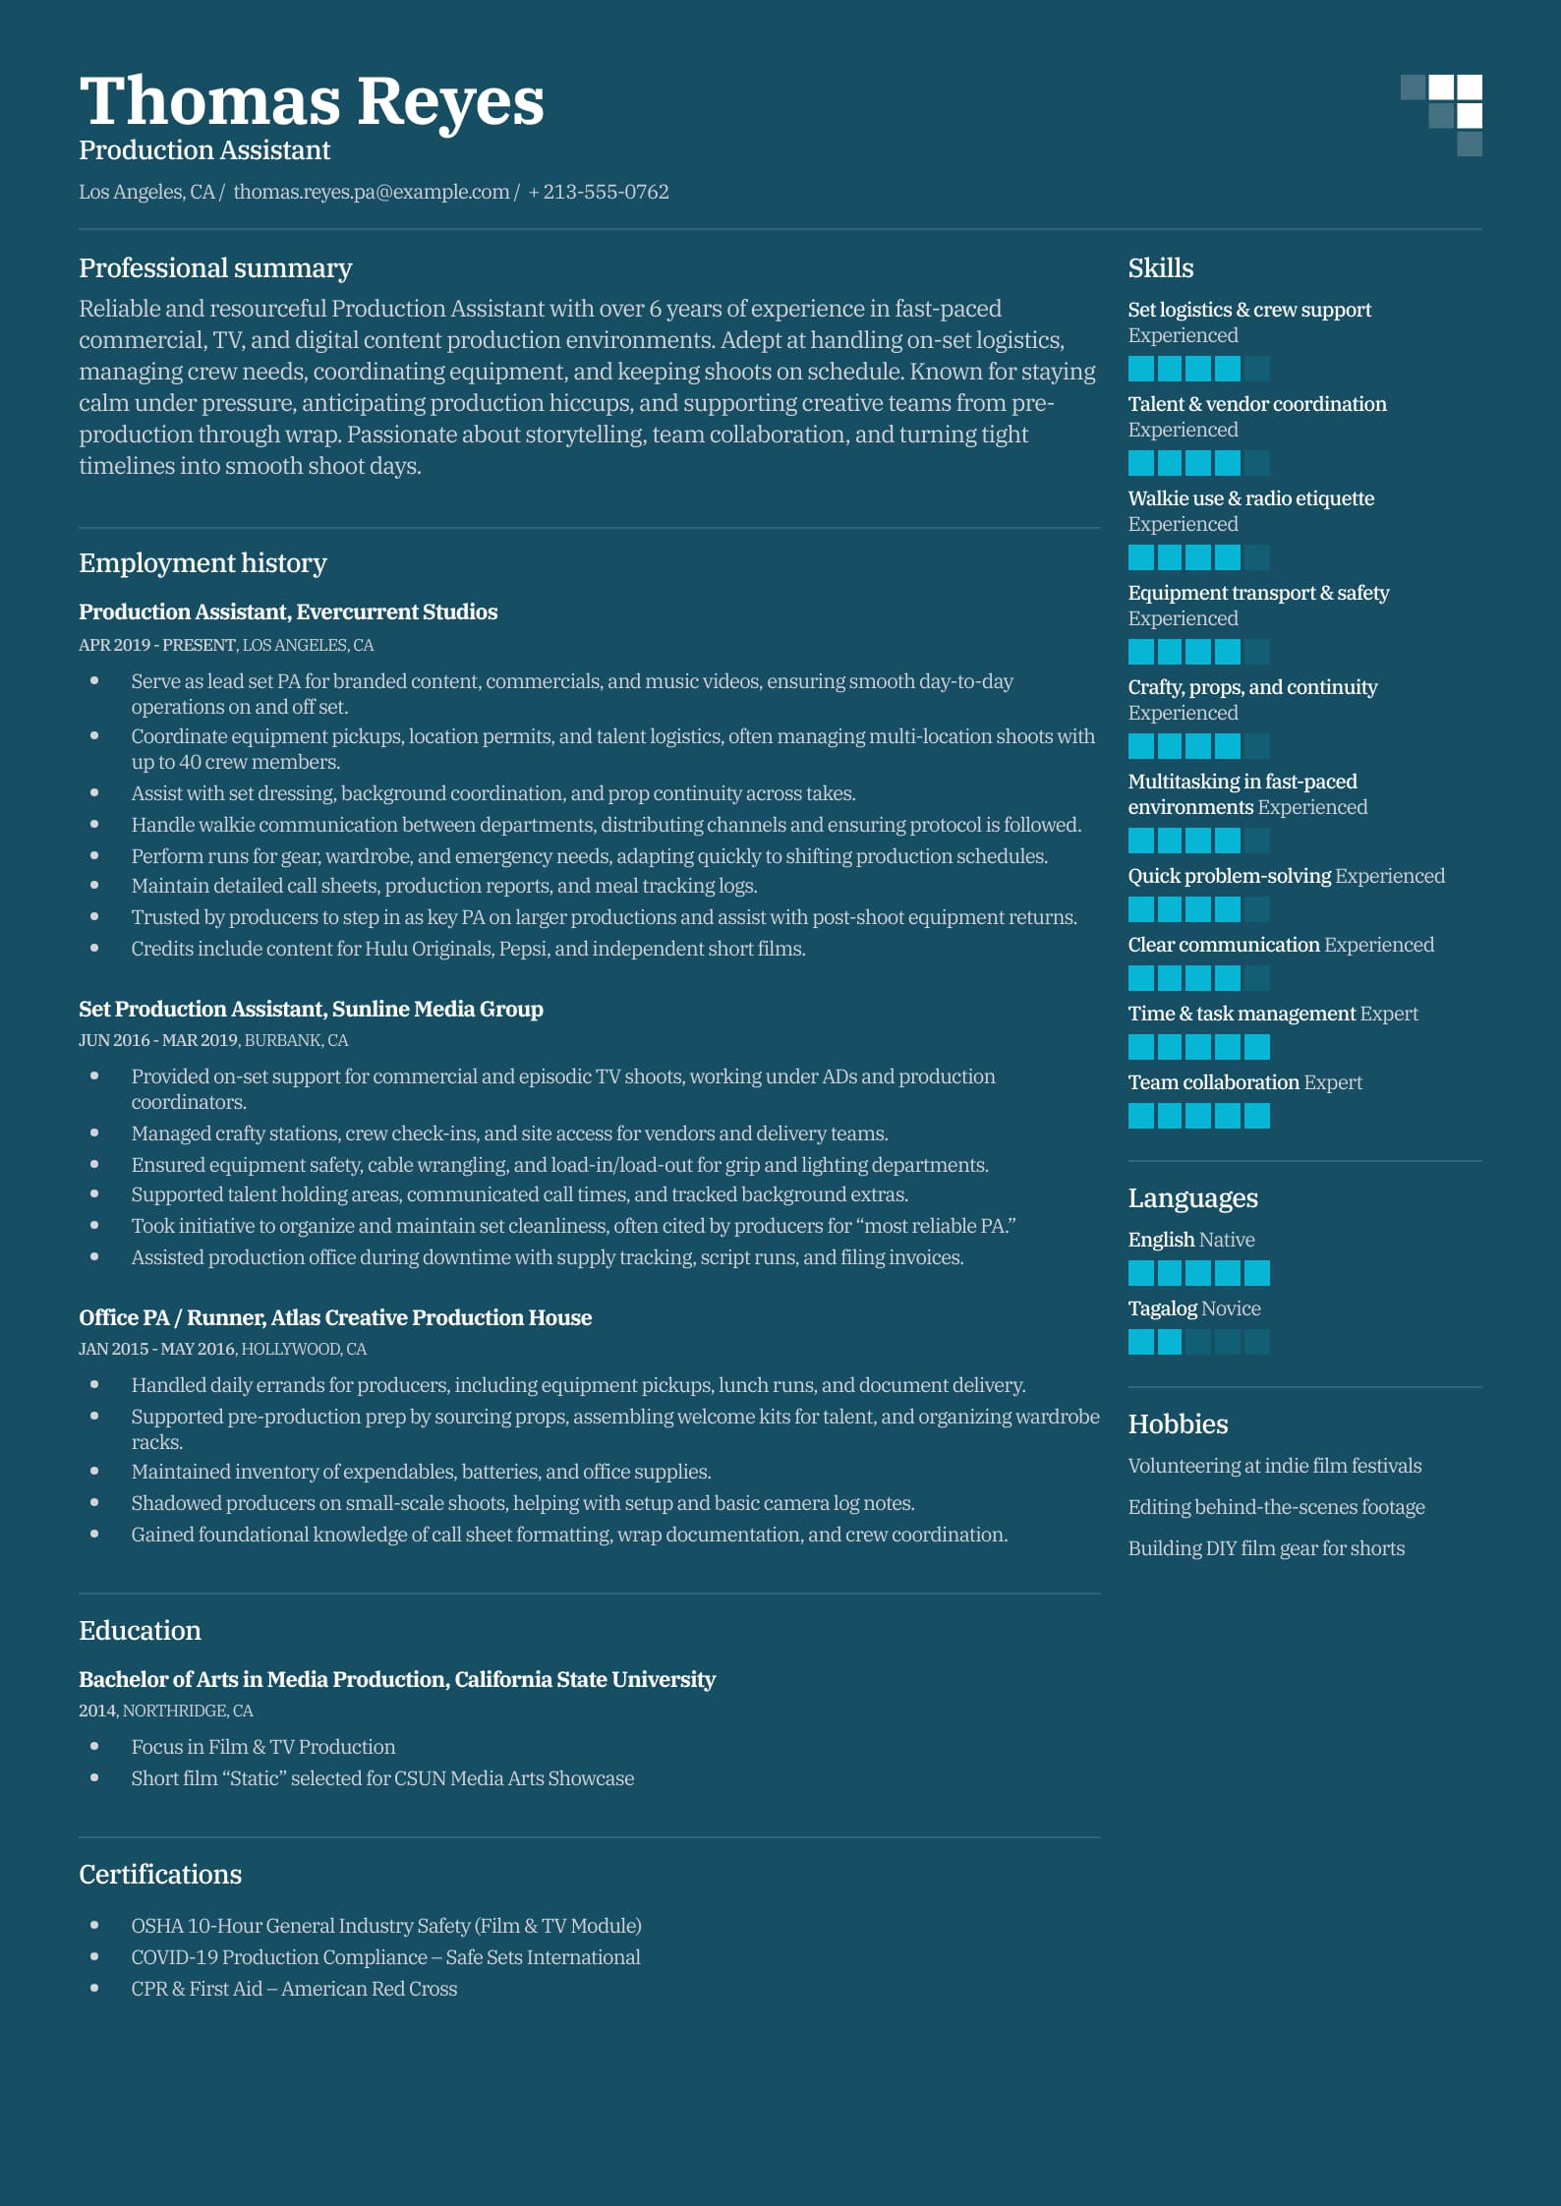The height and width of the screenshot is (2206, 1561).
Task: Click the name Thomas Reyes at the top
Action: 311,101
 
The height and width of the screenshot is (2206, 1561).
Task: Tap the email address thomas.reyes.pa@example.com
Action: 371,192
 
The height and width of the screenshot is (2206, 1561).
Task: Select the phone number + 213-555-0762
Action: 599,192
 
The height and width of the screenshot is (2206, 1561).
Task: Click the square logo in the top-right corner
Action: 1441,115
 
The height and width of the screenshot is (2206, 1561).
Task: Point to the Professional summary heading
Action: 215,268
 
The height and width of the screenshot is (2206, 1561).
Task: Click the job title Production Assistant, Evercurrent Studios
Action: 288,611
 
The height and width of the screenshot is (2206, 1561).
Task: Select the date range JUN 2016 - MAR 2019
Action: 157,1040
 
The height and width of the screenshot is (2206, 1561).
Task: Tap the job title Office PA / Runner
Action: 172,1317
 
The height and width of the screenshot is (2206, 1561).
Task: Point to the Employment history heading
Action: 202,563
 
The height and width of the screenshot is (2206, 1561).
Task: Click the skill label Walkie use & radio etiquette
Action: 1250,498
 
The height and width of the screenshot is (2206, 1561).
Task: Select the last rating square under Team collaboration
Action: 1257,1116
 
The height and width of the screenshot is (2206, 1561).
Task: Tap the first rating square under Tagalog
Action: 1140,1342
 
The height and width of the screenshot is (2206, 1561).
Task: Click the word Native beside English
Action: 1227,1240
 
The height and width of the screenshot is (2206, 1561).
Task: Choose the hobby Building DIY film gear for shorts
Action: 1266,1548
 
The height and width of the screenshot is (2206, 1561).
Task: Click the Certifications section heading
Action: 160,1875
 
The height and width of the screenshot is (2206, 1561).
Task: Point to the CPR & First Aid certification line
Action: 294,1989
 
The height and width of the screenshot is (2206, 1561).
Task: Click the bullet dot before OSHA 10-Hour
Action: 94,1925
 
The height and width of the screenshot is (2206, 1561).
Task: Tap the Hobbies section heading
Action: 1178,1424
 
